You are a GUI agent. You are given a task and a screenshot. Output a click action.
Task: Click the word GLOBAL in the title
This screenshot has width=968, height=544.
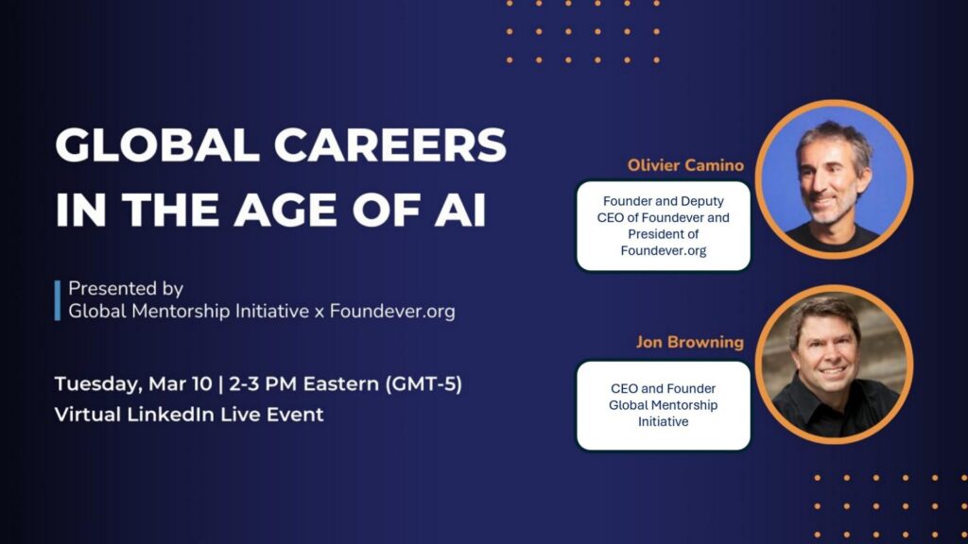158,144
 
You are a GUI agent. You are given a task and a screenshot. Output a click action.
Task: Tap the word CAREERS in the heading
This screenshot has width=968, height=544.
390,144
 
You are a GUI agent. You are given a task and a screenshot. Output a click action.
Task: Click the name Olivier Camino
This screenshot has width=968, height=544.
685,165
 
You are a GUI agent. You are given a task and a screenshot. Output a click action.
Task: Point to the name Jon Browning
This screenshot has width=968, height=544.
689,342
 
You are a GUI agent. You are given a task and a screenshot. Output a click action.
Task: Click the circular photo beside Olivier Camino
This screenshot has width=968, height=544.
834,178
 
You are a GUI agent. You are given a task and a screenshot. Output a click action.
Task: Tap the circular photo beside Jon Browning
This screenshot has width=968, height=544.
834,364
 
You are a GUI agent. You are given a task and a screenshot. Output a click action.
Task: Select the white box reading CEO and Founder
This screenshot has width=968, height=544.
664,405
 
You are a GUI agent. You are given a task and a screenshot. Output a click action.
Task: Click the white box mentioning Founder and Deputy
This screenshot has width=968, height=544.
664,226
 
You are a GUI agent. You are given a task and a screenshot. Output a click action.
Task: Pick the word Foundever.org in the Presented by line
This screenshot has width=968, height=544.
392,312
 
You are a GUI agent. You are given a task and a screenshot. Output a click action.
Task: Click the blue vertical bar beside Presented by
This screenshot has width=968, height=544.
58,300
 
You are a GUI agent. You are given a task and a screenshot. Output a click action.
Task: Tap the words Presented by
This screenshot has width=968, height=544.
126,289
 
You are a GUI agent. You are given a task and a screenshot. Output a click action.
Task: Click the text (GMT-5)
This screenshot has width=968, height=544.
423,384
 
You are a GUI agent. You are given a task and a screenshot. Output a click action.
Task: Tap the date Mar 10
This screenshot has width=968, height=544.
181,384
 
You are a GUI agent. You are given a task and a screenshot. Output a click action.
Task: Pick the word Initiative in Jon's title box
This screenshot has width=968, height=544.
663,422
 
